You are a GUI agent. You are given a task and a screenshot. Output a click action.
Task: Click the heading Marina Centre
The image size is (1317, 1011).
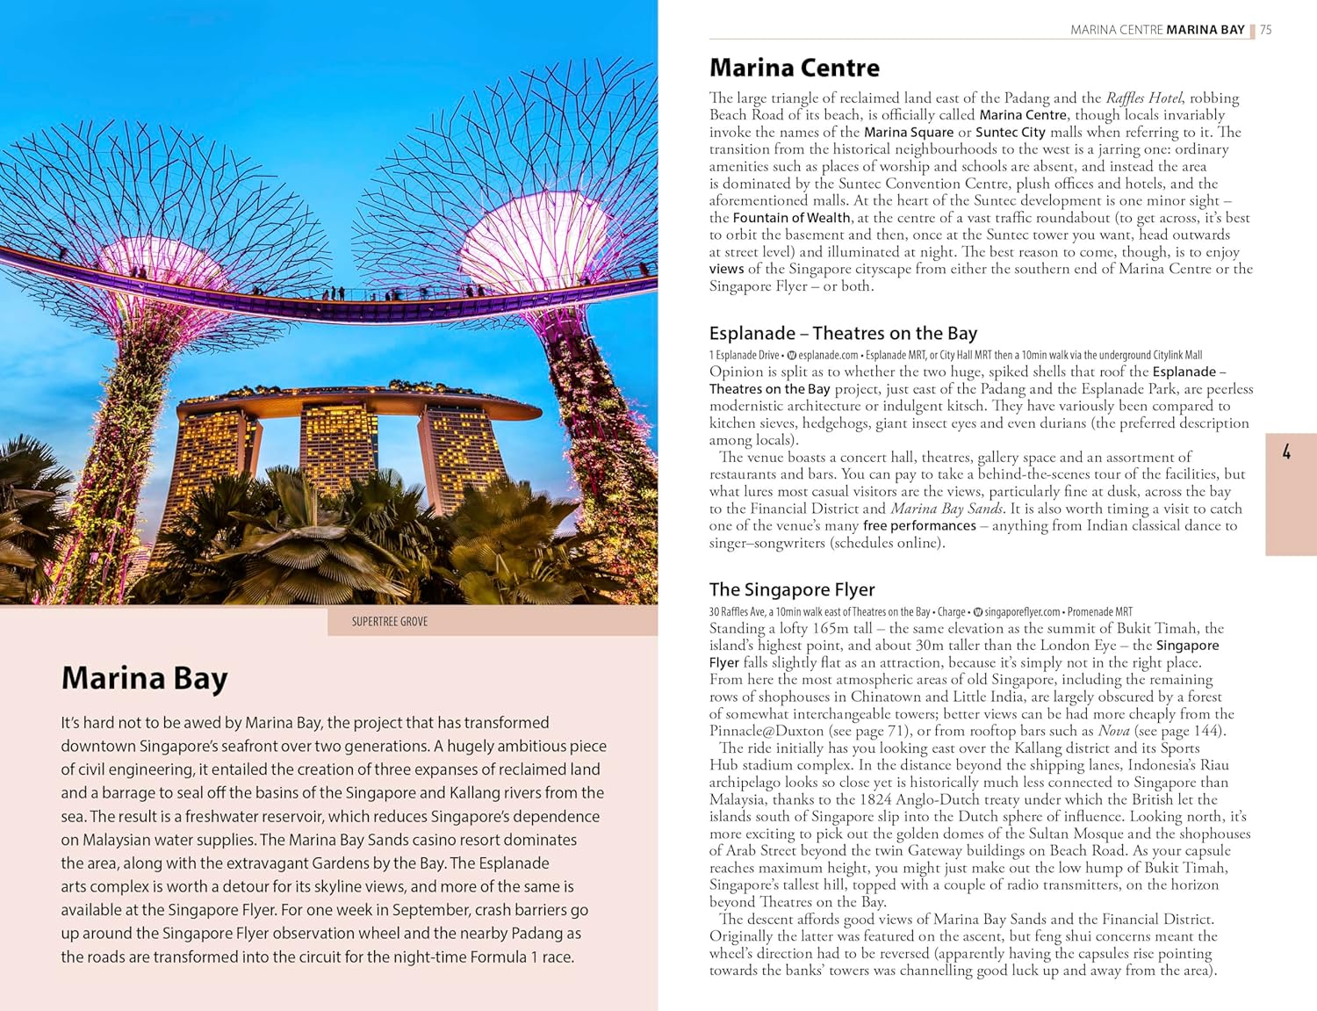point(794,68)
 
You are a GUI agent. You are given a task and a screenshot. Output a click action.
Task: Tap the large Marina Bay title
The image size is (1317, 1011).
point(144,678)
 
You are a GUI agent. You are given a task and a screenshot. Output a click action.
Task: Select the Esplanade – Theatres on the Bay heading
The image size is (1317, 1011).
point(843,333)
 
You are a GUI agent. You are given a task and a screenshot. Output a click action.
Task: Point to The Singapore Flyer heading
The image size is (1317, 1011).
point(792,589)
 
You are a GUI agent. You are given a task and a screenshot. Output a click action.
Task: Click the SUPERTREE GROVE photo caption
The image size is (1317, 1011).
point(389,622)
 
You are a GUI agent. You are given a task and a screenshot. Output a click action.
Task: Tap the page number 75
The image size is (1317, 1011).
point(1265,30)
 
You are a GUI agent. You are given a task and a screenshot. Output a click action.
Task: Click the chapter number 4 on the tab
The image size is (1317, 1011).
point(1286,452)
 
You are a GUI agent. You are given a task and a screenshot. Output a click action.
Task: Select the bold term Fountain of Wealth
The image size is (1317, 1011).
point(791,218)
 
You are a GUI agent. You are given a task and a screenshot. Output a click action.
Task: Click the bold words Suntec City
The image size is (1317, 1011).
point(1010,132)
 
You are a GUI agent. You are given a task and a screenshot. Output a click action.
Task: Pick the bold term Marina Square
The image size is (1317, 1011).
point(908,132)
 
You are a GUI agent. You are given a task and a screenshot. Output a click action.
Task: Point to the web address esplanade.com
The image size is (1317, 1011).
point(828,355)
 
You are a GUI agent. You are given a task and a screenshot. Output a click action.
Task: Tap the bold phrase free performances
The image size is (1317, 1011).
point(919,525)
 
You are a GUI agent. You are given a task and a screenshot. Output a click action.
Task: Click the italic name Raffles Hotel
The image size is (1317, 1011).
point(1143,97)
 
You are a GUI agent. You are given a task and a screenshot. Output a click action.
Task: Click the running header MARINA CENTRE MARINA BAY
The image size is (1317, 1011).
point(1157,30)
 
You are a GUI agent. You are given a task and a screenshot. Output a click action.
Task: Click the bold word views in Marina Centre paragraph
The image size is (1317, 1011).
point(726,269)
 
